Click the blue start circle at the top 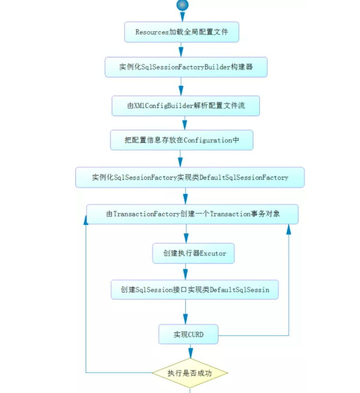click(x=182, y=5)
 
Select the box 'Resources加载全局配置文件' click(x=182, y=32)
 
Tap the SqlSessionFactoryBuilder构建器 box click(x=186, y=67)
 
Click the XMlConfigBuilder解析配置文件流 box click(x=185, y=106)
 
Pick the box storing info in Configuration click(x=182, y=140)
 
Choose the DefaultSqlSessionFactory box click(x=190, y=178)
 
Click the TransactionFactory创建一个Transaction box click(x=192, y=214)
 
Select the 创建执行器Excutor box click(x=193, y=253)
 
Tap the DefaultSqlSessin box click(x=195, y=289)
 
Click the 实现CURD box click(x=188, y=334)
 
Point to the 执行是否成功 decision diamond click(x=190, y=373)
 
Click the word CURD click(x=195, y=334)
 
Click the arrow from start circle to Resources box click(x=182, y=17)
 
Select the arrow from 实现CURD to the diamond click(x=190, y=351)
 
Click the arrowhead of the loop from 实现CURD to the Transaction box click(x=289, y=228)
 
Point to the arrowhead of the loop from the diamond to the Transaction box click(x=86, y=220)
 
